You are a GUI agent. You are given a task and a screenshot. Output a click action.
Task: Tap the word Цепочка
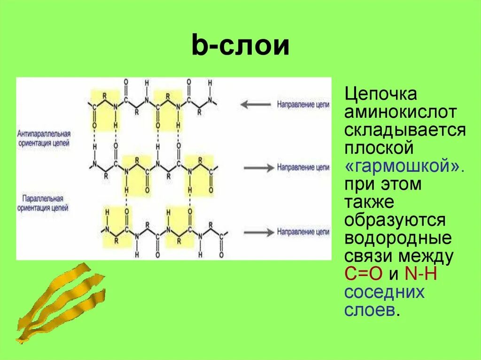pos(380,94)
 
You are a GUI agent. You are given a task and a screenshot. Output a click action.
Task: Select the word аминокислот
pos(401,112)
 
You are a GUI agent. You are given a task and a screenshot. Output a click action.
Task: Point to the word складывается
pos(405,130)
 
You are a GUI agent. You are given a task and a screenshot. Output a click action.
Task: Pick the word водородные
pos(398,238)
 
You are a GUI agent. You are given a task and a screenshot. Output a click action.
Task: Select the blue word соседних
pos(384,292)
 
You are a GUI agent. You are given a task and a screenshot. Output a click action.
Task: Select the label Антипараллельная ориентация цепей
pos(44,137)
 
